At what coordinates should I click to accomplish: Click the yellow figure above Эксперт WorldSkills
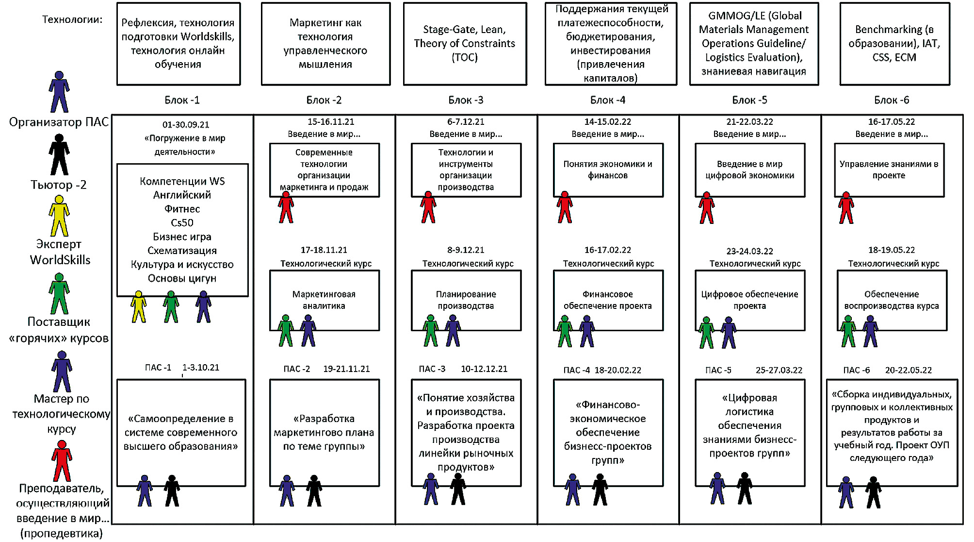[x=59, y=216]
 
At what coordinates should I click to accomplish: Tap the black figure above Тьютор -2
[x=59, y=155]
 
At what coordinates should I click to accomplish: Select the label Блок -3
[x=466, y=101]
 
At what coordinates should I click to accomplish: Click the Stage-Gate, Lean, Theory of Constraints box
[x=465, y=44]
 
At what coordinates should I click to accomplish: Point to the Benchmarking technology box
[x=894, y=44]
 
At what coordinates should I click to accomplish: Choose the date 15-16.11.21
[x=331, y=122]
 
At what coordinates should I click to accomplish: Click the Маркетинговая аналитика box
[x=324, y=300]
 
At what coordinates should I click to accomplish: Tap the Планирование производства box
[x=466, y=300]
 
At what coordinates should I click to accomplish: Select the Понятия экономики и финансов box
[x=608, y=170]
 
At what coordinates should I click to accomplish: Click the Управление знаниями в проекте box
[x=889, y=170]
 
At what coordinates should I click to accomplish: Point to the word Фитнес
[x=182, y=209]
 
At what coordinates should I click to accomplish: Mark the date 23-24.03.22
[x=749, y=252]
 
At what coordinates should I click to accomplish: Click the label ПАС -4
[x=576, y=370]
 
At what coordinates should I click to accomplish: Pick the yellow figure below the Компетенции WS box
[x=139, y=307]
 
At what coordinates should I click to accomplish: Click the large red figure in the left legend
[x=62, y=461]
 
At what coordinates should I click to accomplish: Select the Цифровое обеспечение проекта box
[x=749, y=300]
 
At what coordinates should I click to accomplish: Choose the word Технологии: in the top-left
[x=72, y=20]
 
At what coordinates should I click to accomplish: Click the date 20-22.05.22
[x=908, y=370]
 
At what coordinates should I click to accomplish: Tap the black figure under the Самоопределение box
[x=172, y=491]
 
